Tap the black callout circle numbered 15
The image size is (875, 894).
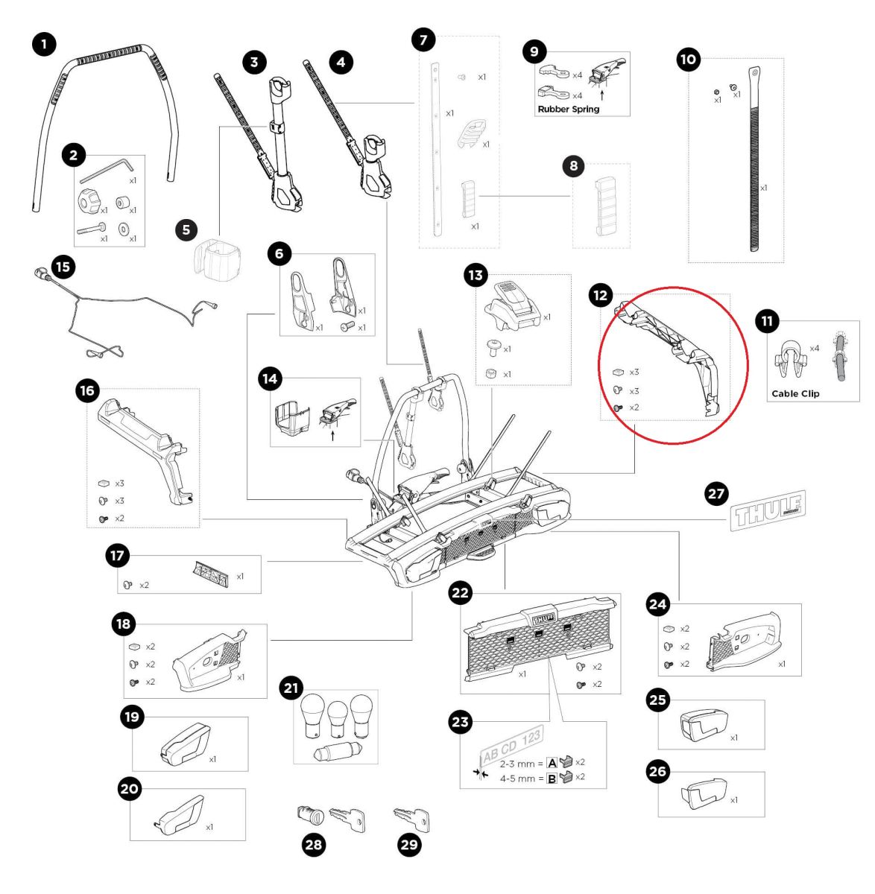(64, 266)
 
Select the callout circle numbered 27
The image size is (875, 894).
(716, 493)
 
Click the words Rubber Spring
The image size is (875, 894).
(568, 109)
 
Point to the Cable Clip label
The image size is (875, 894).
(795, 393)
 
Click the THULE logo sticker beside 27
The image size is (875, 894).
(769, 510)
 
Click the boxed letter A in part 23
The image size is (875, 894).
(552, 763)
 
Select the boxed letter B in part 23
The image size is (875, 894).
(552, 779)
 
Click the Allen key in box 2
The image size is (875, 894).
(105, 170)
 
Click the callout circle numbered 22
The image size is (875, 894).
(461, 593)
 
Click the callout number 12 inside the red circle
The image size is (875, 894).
(600, 296)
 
